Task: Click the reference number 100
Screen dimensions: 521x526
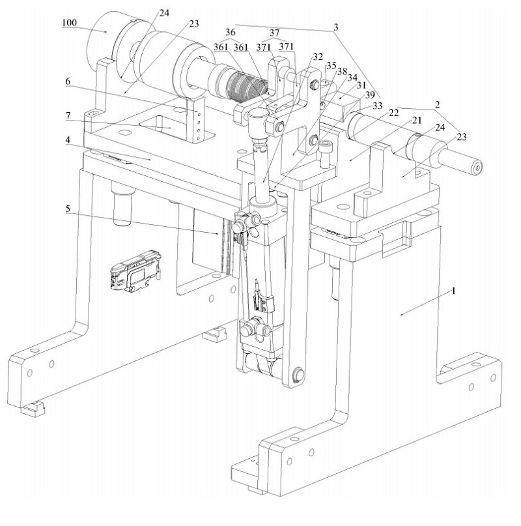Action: click(x=70, y=23)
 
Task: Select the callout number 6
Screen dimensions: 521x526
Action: click(x=68, y=81)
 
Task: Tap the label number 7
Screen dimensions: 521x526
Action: click(x=68, y=116)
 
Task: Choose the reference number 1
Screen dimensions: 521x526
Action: click(x=454, y=291)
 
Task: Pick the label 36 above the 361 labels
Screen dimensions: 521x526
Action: click(x=231, y=32)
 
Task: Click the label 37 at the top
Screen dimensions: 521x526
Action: click(x=274, y=33)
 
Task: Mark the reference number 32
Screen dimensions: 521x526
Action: click(x=318, y=56)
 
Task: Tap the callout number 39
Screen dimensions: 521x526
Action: click(x=369, y=95)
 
